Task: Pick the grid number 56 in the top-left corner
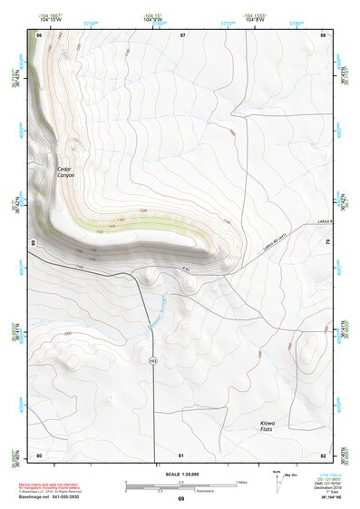pos(39,34)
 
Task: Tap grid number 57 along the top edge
pos(183,34)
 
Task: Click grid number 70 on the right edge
pos(326,243)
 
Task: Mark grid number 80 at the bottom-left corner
pos(39,455)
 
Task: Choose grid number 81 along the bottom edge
pos(181,455)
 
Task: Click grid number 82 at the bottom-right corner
pos(323,455)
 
